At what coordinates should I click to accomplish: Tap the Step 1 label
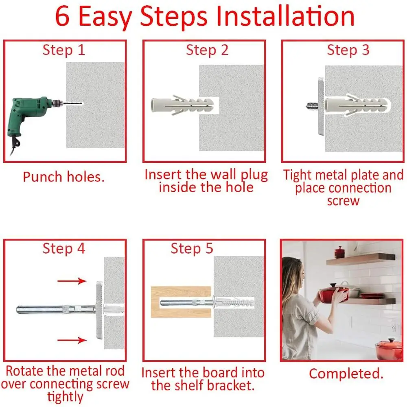coord(64,50)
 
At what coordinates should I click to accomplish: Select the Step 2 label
coord(207,50)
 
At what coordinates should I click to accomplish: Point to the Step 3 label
coord(348,50)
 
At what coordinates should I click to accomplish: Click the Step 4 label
coord(64,248)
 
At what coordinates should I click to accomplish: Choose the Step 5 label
coord(192,248)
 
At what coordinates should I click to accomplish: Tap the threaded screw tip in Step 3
coord(312,106)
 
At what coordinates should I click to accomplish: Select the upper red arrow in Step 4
coord(72,281)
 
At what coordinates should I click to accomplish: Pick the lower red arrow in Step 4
coord(72,340)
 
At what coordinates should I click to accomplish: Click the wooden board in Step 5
coord(181,302)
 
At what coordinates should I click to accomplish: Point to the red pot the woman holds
coord(334,293)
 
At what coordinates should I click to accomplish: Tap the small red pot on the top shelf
coord(339,252)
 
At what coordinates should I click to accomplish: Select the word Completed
coord(346,374)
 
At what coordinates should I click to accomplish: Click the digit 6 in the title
coord(62,16)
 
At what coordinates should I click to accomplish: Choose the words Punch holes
coord(64,177)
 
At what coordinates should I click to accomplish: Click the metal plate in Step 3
coord(322,106)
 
